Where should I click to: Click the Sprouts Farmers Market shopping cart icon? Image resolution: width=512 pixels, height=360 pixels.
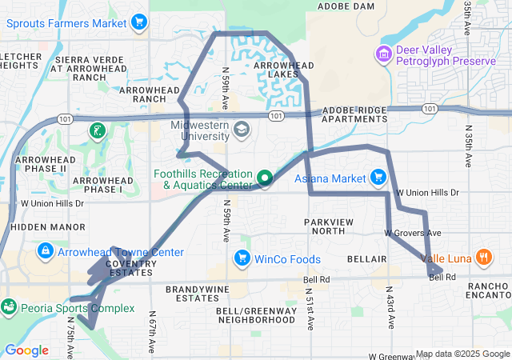point(140,22)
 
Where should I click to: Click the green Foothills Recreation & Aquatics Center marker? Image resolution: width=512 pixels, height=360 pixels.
point(265,177)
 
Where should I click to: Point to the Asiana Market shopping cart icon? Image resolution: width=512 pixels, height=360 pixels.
point(378,177)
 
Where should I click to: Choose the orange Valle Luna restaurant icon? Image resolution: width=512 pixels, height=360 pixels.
point(483,258)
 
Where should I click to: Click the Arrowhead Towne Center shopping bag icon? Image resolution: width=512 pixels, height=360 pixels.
point(46,253)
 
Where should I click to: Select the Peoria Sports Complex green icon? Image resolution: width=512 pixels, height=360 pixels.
point(9,306)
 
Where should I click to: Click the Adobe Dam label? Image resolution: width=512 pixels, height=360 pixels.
point(346,6)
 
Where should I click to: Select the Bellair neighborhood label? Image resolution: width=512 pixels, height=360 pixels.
point(367,259)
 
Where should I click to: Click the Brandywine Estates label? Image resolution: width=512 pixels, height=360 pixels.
point(192,293)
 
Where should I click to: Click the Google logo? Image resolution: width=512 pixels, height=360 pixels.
point(26,350)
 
